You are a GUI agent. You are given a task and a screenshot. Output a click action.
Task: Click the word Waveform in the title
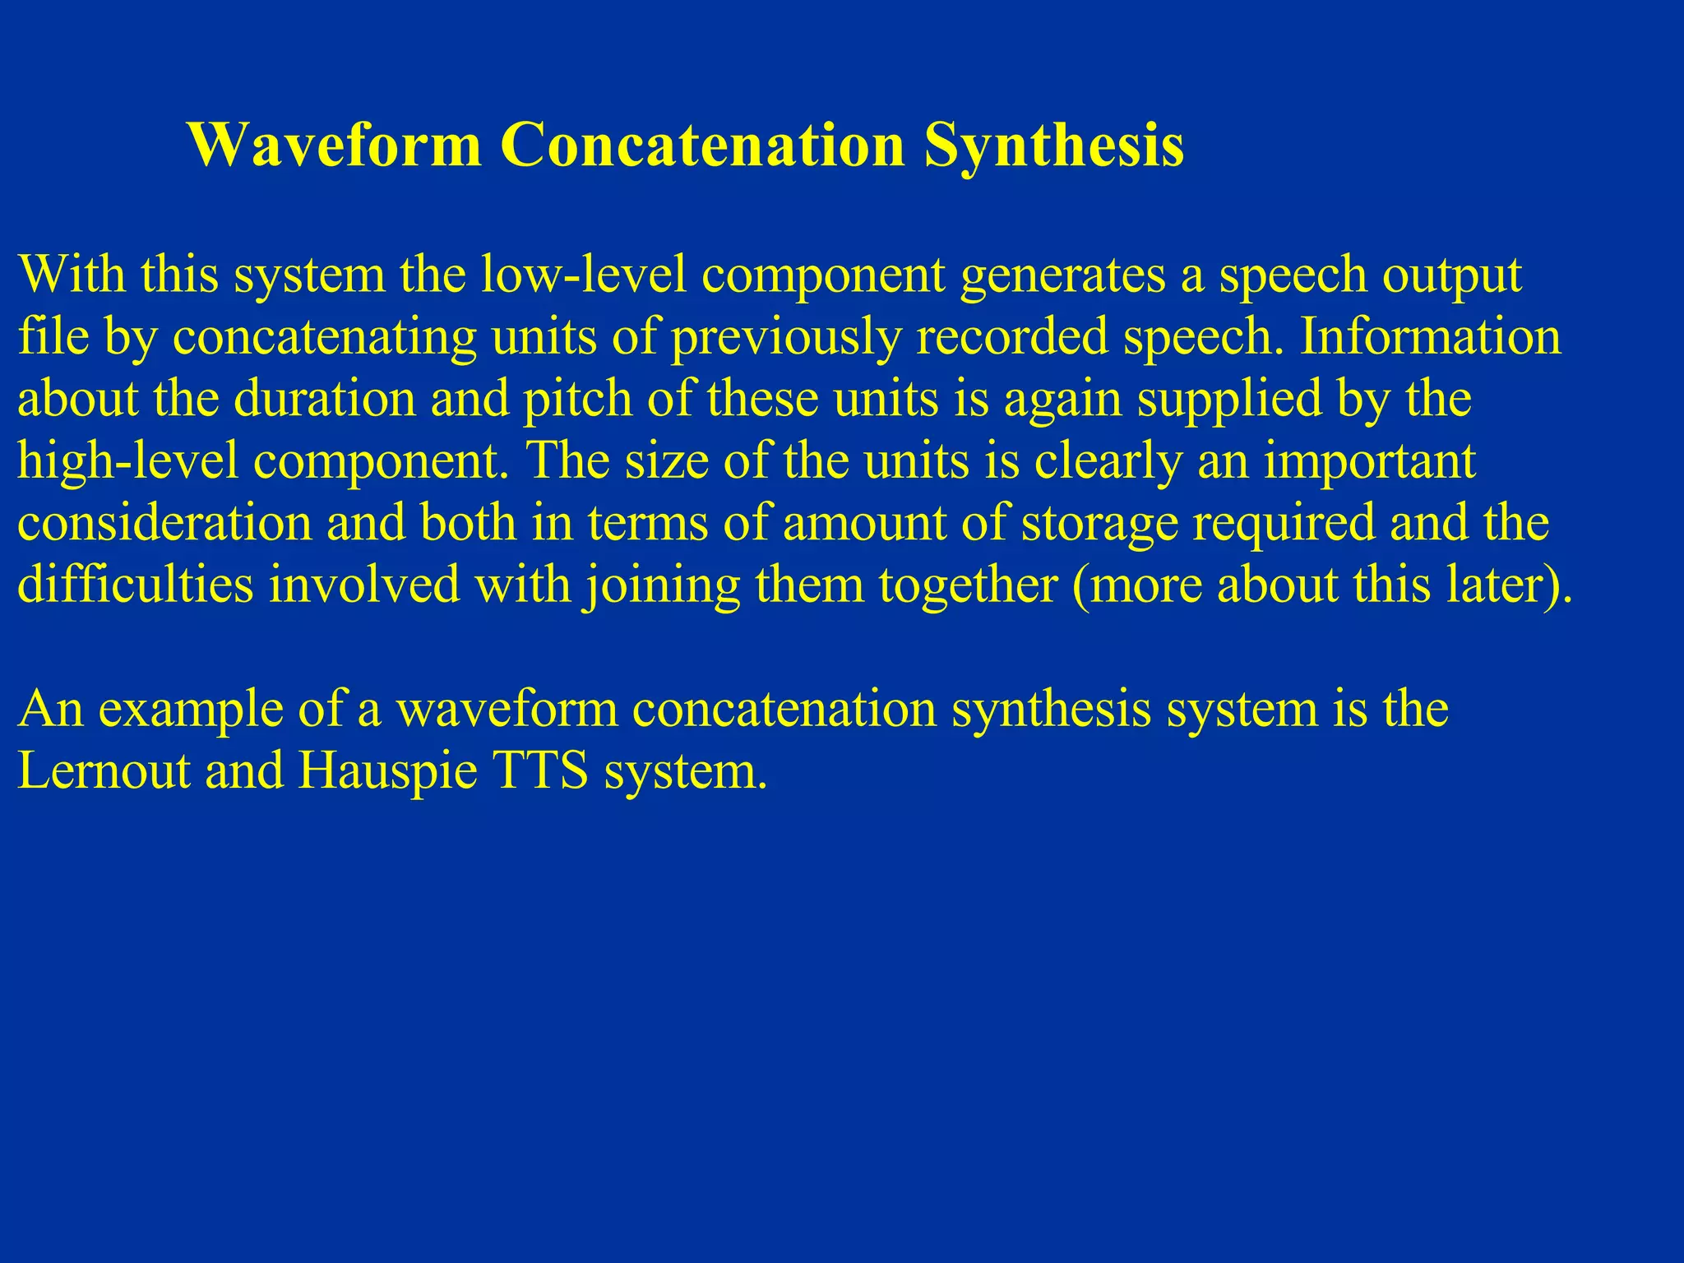334,145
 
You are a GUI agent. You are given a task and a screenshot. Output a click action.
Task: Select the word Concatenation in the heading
703,145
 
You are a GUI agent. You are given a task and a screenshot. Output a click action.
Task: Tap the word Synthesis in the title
1054,146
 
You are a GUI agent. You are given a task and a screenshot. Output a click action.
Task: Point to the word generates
1062,276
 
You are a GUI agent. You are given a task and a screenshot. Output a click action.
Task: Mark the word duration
325,398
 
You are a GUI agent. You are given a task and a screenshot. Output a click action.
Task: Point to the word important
1369,461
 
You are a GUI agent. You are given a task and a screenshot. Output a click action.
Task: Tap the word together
968,585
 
